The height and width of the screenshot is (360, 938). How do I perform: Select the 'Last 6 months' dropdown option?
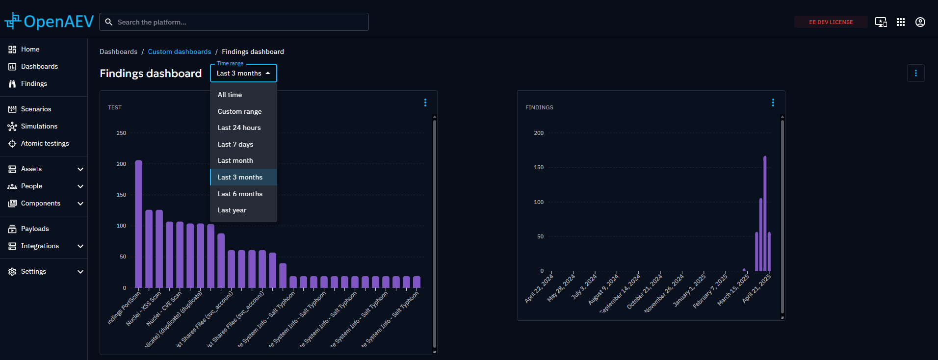tap(240, 194)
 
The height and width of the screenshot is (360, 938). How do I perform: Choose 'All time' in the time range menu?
tap(230, 95)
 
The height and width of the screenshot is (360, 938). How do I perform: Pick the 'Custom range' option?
tap(239, 111)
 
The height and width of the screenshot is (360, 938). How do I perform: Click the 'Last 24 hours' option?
tap(239, 128)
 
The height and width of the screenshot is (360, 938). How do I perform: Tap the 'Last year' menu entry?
tap(232, 210)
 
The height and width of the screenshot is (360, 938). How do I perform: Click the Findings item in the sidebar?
tap(34, 83)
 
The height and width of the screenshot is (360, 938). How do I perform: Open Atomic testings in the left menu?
tap(45, 143)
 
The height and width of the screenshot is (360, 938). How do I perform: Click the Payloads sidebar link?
tap(35, 229)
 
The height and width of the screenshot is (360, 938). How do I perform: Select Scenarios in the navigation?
tap(36, 109)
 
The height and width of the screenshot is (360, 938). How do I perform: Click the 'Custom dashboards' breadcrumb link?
tap(179, 51)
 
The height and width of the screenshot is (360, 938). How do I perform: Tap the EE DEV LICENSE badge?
tap(831, 22)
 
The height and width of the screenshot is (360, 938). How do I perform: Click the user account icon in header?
tap(920, 22)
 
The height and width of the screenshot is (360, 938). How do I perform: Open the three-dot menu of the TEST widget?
tap(425, 103)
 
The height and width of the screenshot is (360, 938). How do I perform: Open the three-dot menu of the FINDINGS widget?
tap(773, 103)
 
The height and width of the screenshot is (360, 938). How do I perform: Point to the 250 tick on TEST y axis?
tap(121, 133)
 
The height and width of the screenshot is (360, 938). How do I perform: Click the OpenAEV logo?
tap(49, 22)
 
